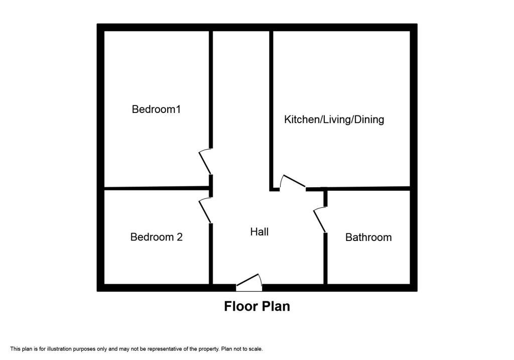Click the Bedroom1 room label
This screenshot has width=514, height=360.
click(x=156, y=109)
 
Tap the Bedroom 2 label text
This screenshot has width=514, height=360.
click(x=157, y=236)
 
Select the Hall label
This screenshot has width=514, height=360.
click(x=260, y=232)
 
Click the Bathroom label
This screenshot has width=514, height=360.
click(x=368, y=237)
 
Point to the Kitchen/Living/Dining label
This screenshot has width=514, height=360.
click(x=334, y=119)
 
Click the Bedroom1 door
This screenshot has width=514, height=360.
click(x=205, y=161)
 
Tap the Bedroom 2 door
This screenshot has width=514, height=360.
click(x=205, y=210)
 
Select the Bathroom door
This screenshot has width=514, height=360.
click(x=320, y=220)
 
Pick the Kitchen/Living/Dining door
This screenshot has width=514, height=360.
click(x=293, y=182)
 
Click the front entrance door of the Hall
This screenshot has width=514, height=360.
click(x=249, y=282)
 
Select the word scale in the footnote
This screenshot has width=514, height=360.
click(x=255, y=349)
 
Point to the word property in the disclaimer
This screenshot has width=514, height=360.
click(x=209, y=349)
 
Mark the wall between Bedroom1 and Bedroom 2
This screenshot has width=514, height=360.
click(x=157, y=188)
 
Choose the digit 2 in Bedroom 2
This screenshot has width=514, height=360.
click(x=180, y=236)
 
